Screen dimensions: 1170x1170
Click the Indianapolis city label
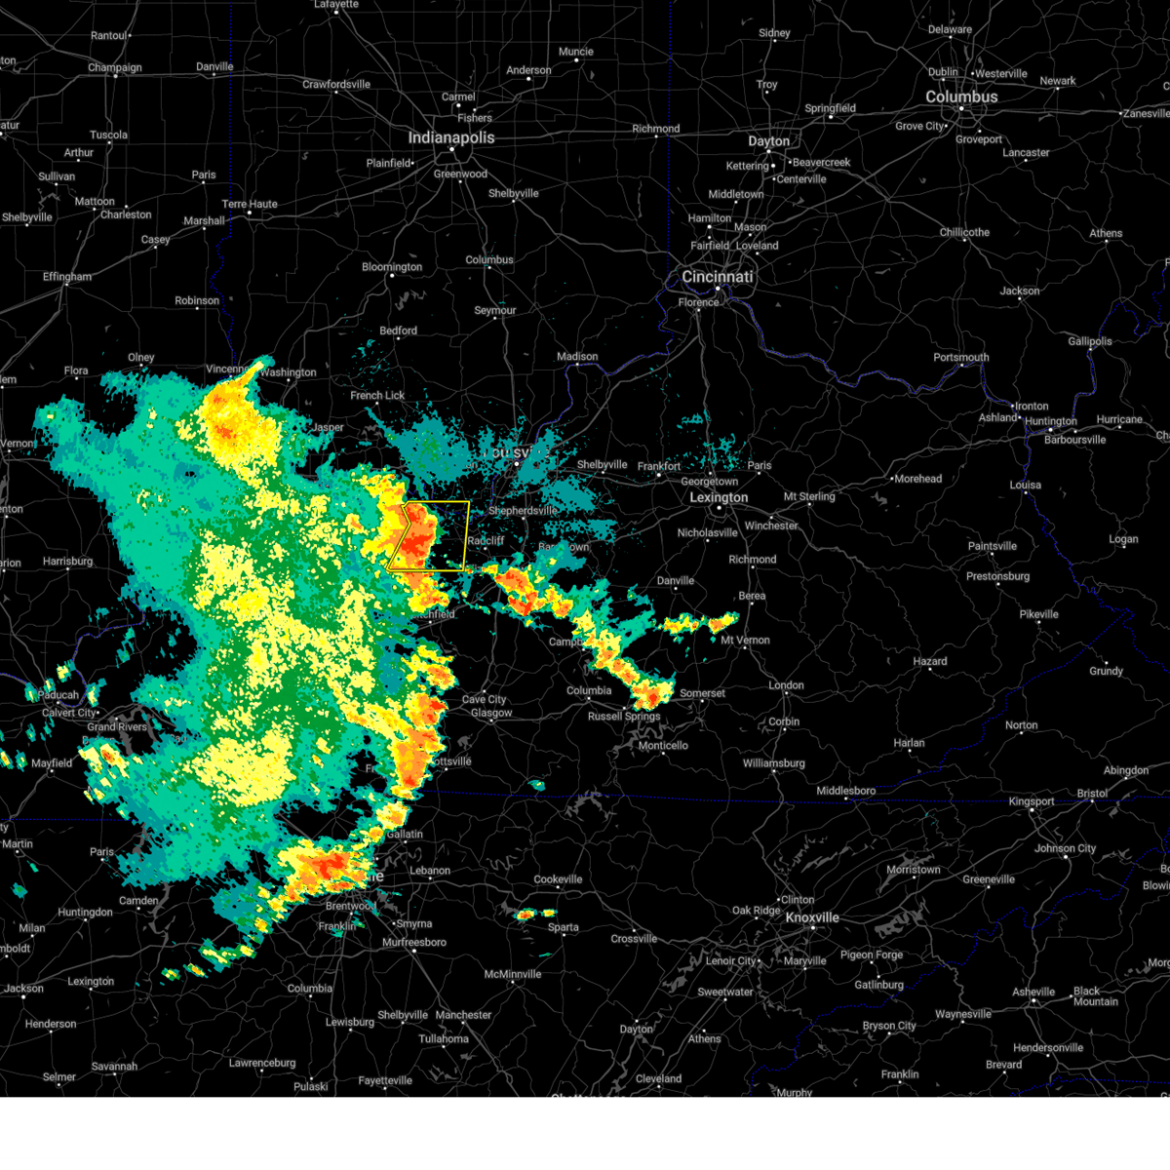(450, 138)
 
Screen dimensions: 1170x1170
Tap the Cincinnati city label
(717, 277)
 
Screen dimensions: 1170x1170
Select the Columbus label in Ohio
(960, 97)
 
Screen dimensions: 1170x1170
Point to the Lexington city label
(719, 498)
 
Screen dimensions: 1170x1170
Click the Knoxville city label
(812, 918)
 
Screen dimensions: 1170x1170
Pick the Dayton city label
(768, 141)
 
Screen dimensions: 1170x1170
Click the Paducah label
(59, 695)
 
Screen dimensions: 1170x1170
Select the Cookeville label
(558, 879)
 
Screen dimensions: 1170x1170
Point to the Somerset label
(702, 693)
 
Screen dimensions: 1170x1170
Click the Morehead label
(917, 479)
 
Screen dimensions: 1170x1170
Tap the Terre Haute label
(250, 205)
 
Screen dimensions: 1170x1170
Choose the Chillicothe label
(964, 233)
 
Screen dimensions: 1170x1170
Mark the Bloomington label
(392, 267)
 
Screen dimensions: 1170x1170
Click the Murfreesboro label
(414, 943)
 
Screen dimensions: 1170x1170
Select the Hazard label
(929, 661)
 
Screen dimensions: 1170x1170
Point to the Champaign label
(115, 68)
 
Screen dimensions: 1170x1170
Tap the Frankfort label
(659, 467)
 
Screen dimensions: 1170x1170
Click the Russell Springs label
(624, 717)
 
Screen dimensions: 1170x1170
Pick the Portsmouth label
(960, 358)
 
